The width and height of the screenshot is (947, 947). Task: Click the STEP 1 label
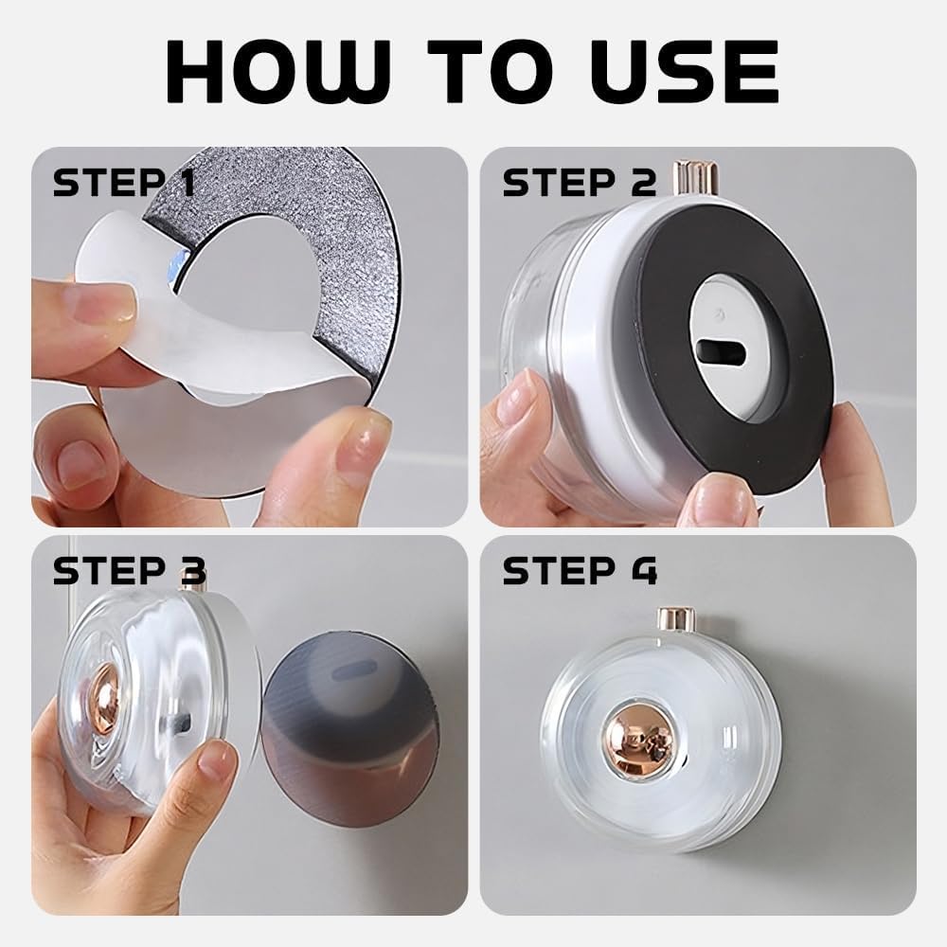(x=124, y=183)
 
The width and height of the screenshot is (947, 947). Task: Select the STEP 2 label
(x=579, y=183)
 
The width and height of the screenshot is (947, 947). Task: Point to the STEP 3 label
(x=129, y=571)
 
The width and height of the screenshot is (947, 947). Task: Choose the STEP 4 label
(x=580, y=571)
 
